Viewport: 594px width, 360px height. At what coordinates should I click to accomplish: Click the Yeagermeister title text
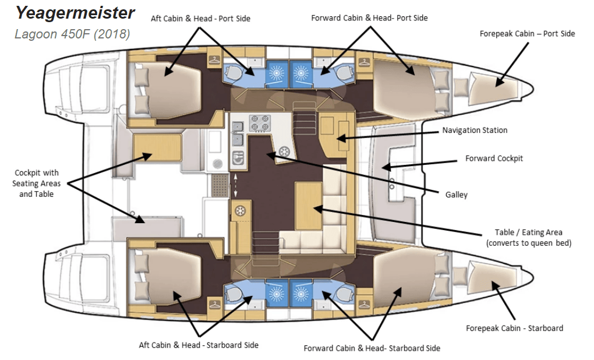75,12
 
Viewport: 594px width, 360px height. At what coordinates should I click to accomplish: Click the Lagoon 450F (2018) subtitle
72,34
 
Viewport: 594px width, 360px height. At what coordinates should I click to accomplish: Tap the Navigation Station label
475,130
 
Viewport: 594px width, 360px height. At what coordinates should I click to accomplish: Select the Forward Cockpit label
494,158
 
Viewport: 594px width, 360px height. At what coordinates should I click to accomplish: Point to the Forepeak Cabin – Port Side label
527,34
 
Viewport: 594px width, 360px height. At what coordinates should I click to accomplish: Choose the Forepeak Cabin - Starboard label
514,328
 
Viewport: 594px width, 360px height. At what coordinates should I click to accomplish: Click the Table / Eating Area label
528,238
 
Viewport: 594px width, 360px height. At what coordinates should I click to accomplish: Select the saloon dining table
308,206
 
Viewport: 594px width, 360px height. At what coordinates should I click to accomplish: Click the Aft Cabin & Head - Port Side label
200,19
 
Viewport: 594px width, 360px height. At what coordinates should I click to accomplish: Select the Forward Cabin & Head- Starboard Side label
372,348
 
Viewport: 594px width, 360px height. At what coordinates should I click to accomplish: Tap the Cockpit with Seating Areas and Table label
36,183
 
